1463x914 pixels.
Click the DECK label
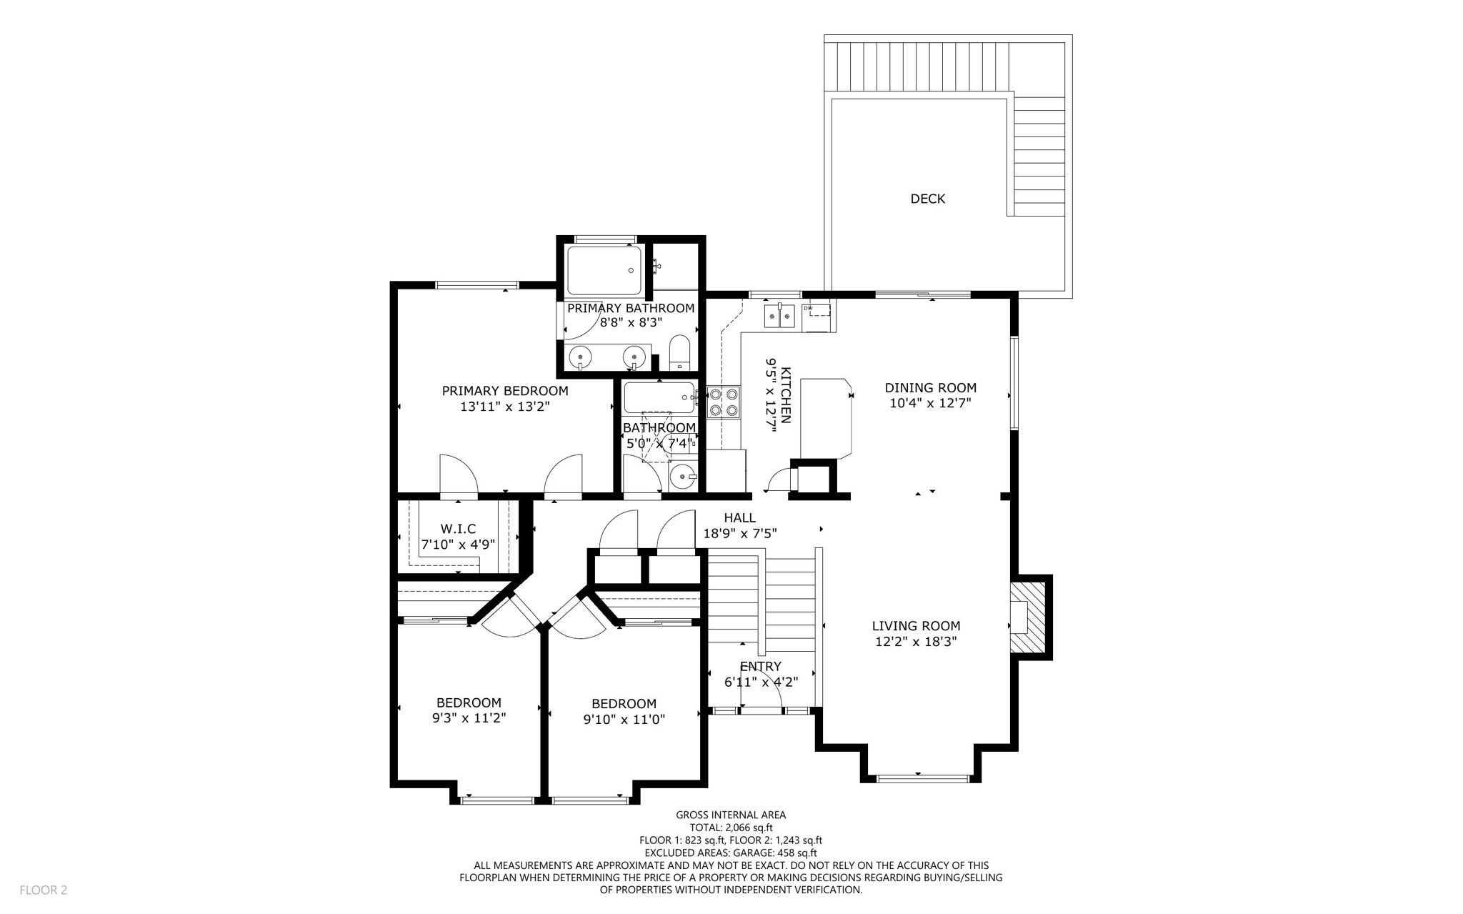[927, 199]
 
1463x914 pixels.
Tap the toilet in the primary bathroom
[679, 354]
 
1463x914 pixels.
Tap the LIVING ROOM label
[916, 626]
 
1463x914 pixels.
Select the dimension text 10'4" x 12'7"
[930, 403]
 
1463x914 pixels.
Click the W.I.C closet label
[458, 529]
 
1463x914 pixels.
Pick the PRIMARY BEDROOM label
[505, 391]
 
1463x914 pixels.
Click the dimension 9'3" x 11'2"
[469, 718]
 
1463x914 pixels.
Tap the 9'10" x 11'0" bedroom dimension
[624, 720]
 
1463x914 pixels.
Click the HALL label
[739, 517]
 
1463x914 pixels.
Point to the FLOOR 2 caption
[43, 890]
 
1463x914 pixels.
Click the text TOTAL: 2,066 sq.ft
[731, 828]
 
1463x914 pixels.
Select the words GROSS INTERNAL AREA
[731, 815]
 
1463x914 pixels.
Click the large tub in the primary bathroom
[604, 270]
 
